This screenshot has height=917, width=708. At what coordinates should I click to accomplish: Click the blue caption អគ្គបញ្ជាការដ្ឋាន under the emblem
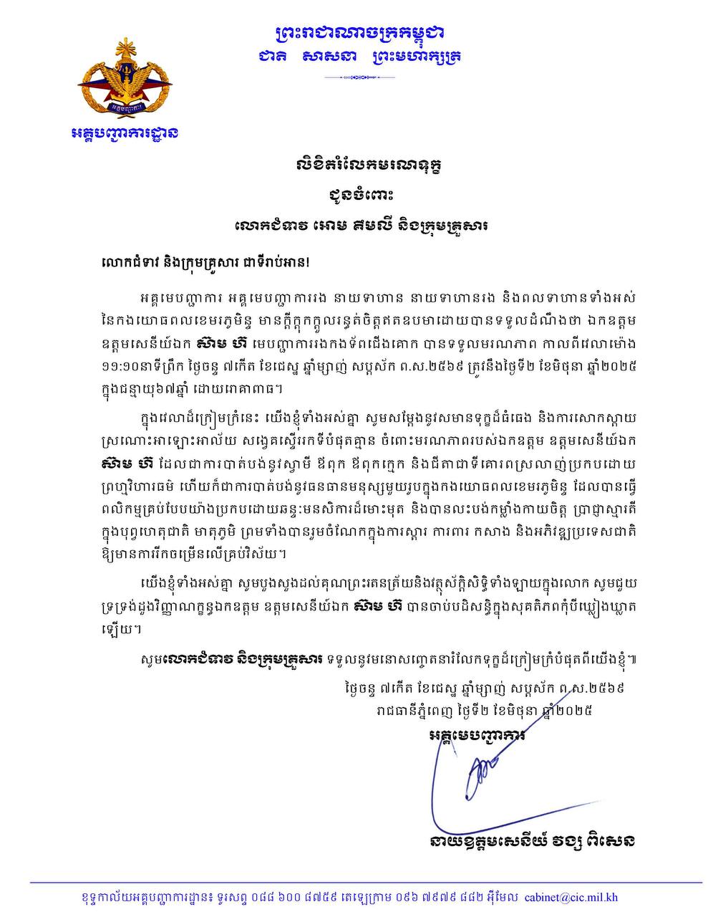coord(125,133)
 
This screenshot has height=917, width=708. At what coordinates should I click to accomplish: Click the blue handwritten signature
coord(480,781)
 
